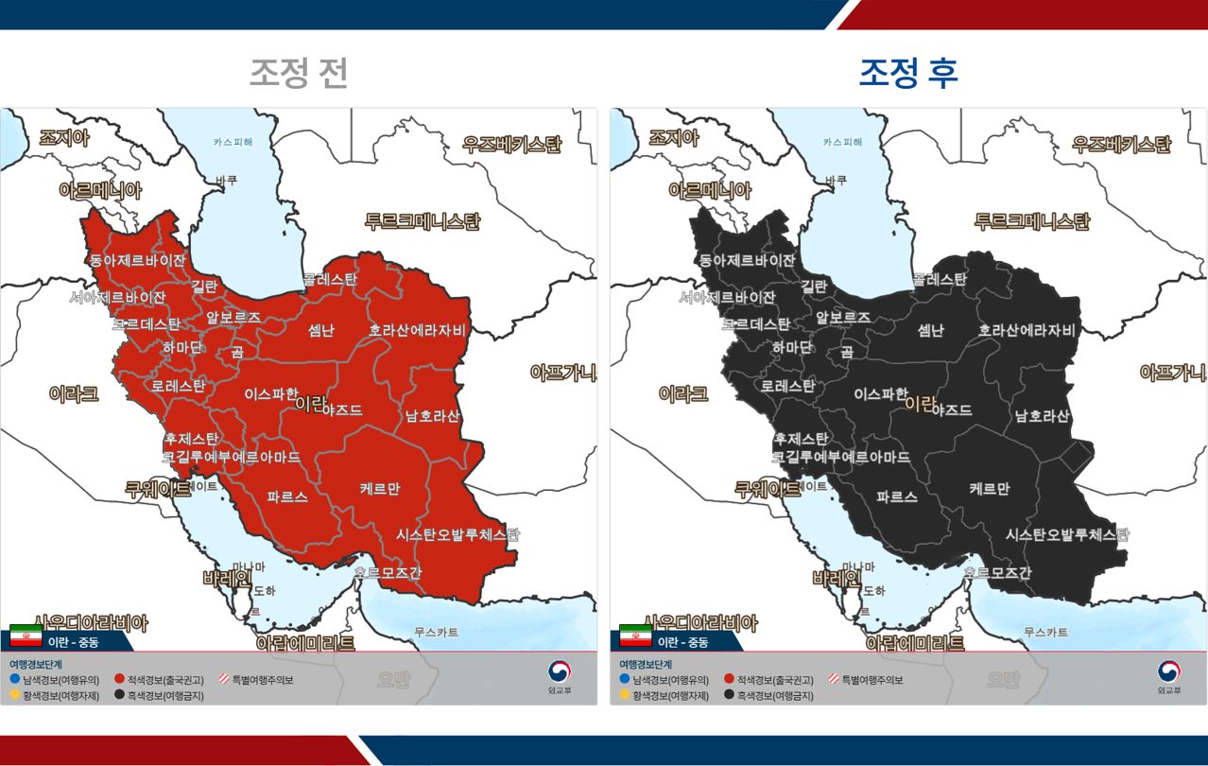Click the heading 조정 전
tap(299, 74)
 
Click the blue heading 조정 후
tap(907, 74)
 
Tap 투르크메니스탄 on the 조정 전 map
tap(422, 221)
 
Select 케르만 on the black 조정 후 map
tap(990, 489)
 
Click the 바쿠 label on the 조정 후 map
tap(836, 180)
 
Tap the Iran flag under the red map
tap(26, 637)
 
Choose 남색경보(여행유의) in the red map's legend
tap(55, 680)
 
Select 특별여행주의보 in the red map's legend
tap(257, 680)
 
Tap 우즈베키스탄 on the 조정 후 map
tap(1121, 145)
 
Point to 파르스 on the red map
tap(287, 496)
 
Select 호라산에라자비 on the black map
tap(1027, 331)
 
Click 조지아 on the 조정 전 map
tap(63, 138)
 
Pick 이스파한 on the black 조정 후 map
tap(881, 393)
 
